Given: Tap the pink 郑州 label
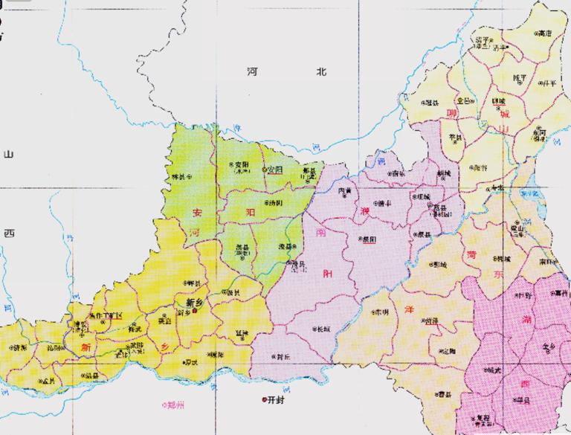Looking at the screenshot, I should pyautogui.click(x=174, y=405).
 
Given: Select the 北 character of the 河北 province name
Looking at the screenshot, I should pyautogui.click(x=320, y=71).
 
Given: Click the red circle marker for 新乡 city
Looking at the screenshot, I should pyautogui.click(x=196, y=312).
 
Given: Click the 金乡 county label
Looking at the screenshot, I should pyautogui.click(x=547, y=347).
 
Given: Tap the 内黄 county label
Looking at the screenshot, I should pyautogui.click(x=346, y=191).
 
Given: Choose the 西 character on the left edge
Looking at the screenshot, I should pyautogui.click(x=8, y=233).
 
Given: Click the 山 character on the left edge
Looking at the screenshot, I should pyautogui.click(x=8, y=154).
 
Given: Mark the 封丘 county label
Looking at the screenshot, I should pyautogui.click(x=282, y=355).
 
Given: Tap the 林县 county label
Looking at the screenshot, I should pyautogui.click(x=178, y=176).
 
